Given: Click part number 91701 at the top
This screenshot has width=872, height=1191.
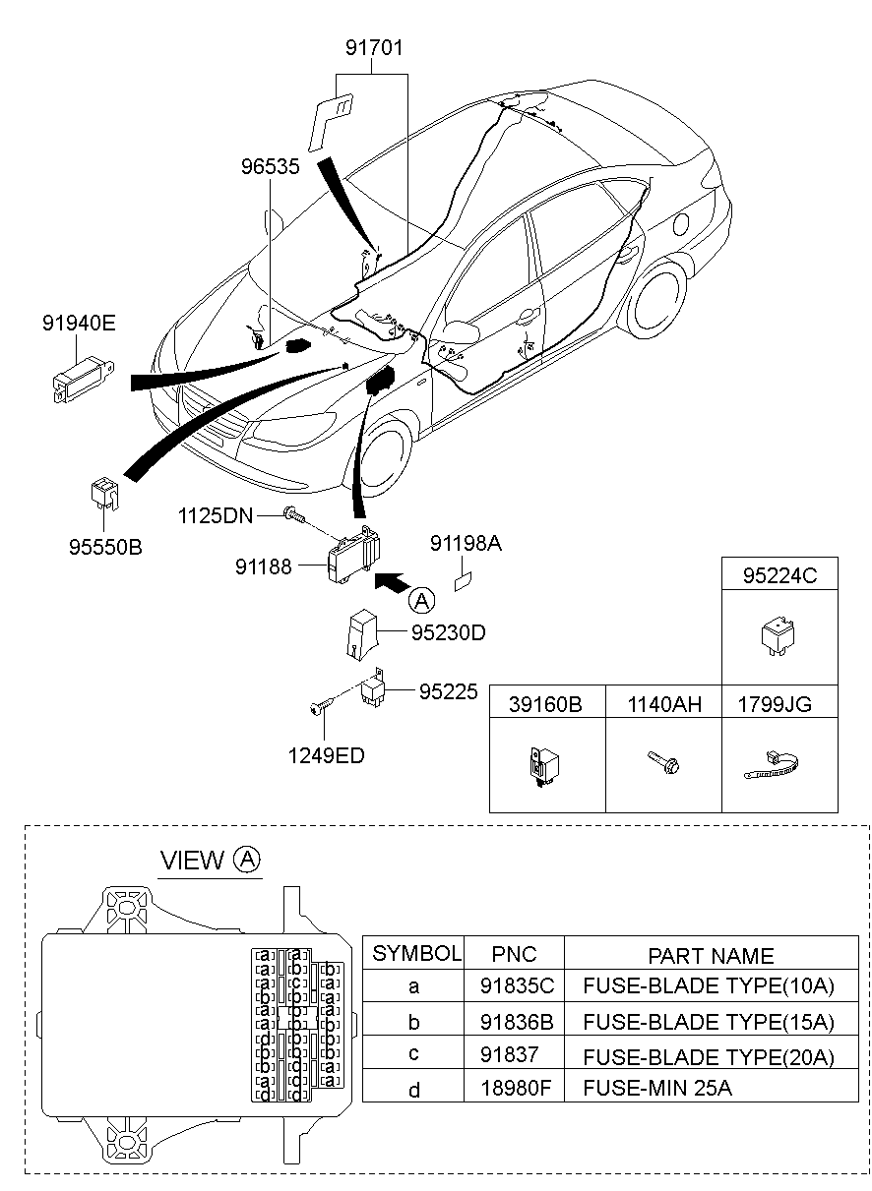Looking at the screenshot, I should click(x=374, y=47).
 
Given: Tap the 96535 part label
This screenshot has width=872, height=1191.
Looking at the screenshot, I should click(x=270, y=167).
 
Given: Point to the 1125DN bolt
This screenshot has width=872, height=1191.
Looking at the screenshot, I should click(x=293, y=514).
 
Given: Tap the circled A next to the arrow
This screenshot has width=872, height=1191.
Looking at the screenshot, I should click(x=420, y=600).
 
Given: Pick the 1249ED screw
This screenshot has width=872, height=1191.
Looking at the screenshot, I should click(x=320, y=708).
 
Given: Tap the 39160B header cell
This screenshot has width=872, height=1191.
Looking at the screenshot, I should click(x=547, y=704).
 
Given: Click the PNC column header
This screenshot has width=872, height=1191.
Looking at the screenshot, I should click(x=514, y=954).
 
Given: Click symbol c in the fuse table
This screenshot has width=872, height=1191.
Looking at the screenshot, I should click(x=413, y=1055).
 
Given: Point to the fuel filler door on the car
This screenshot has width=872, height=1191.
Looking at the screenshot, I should click(x=681, y=222).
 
